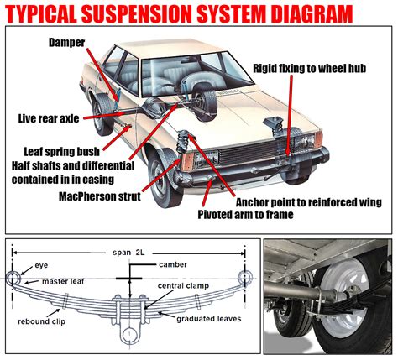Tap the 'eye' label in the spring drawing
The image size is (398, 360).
pyautogui.click(x=40, y=265)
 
